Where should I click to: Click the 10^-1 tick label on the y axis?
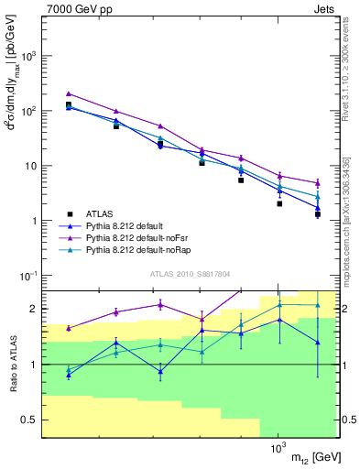pyautogui.click(x=29, y=276)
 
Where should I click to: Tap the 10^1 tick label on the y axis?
pyautogui.click(x=29, y=166)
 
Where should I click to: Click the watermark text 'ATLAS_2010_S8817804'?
pyautogui.click(x=191, y=274)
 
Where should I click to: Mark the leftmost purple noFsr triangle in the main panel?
pyautogui.click(x=69, y=93)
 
